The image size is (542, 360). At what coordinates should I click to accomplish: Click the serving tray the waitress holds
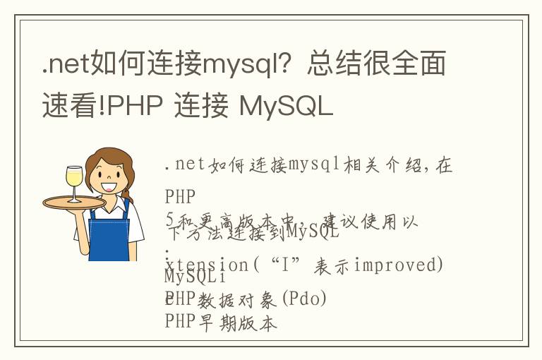click(x=74, y=202)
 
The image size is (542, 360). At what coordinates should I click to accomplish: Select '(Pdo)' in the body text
click(x=304, y=299)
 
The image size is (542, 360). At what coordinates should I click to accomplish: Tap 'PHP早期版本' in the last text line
click(x=221, y=323)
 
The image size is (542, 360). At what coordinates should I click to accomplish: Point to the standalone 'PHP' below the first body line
click(x=179, y=196)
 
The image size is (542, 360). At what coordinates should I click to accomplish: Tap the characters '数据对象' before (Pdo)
click(x=237, y=299)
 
